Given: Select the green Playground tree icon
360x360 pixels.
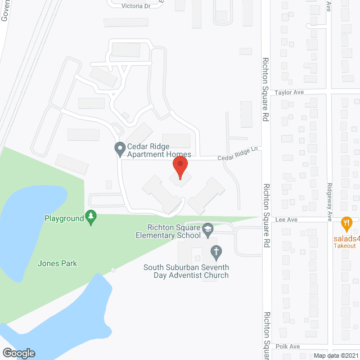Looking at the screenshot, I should coord(91,217).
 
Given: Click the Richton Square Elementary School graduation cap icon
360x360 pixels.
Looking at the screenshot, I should coord(208,228).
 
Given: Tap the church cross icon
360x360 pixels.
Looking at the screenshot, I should coord(214,251).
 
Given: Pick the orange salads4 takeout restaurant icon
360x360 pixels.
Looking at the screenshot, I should coord(346,223).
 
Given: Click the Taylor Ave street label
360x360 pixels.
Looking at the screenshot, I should coord(289,92).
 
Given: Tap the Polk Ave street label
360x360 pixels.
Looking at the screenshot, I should coord(289,347).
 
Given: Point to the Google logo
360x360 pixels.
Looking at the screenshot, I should coord(19,353).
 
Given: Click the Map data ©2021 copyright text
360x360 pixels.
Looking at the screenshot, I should coord(336,355).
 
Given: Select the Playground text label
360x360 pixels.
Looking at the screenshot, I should coord(64,218).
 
